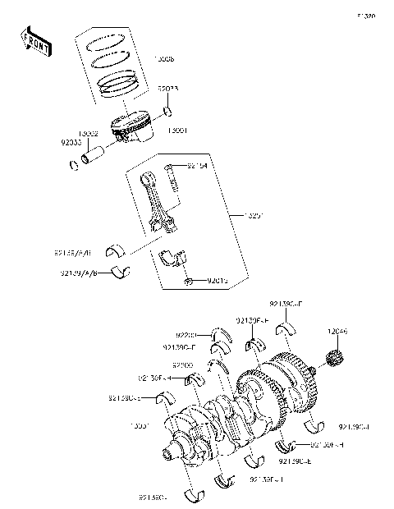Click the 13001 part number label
(x=177, y=130)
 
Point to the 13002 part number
(x=89, y=133)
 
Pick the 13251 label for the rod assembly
(x=234, y=216)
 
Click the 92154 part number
(x=196, y=167)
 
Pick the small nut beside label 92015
(x=189, y=282)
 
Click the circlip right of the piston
(x=167, y=111)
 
